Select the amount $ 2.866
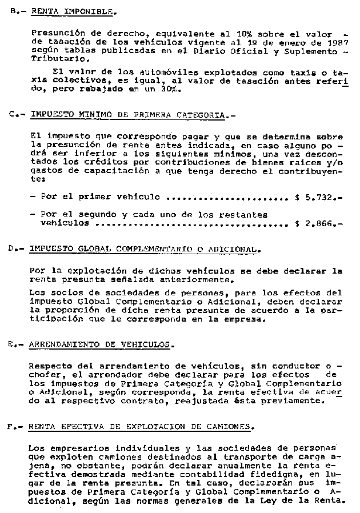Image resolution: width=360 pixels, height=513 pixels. coord(316,224)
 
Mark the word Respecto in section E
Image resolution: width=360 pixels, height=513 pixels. coord(49,365)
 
